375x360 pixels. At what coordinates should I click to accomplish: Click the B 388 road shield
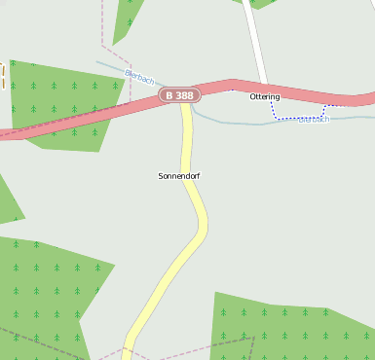[180, 95]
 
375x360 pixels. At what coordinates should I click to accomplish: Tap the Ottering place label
[265, 97]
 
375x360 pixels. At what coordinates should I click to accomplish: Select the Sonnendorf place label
[178, 176]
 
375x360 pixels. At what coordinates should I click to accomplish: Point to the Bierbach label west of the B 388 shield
[139, 76]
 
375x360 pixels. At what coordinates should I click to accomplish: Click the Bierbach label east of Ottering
[315, 119]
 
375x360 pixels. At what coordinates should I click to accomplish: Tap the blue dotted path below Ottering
[292, 118]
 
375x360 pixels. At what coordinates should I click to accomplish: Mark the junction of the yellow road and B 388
[185, 103]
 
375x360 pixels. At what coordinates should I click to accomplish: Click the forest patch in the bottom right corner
[292, 326]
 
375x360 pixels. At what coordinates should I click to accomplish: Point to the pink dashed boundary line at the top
[102, 29]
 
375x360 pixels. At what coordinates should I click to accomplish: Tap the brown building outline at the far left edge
[2, 76]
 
